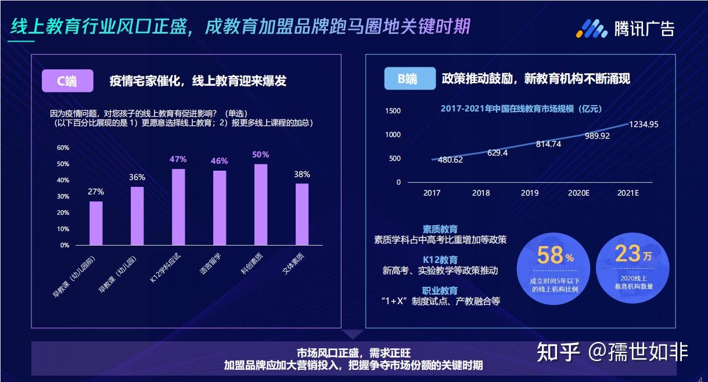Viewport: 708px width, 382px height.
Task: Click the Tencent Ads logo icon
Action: [x=591, y=28]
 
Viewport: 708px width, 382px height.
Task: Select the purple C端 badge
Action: [x=67, y=81]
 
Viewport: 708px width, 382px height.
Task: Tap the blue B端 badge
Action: [x=409, y=79]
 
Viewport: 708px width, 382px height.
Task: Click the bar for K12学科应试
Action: [x=178, y=207]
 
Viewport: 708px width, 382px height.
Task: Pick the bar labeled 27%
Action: [x=96, y=223]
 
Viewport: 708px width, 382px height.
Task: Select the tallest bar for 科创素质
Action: [x=261, y=204]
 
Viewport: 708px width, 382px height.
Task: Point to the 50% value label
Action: [x=260, y=154]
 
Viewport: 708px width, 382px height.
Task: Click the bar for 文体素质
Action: [x=302, y=214]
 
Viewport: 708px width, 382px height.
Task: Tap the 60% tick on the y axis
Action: [x=63, y=147]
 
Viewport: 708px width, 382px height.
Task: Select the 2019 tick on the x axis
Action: [x=529, y=193]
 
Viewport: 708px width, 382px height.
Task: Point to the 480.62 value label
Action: [x=450, y=160]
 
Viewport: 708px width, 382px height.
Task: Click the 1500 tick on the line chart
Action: [x=393, y=111]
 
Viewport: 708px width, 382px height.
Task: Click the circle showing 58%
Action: [x=554, y=268]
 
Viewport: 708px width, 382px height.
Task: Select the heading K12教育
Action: [x=440, y=260]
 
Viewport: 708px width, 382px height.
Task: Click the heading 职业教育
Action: [x=440, y=290]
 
